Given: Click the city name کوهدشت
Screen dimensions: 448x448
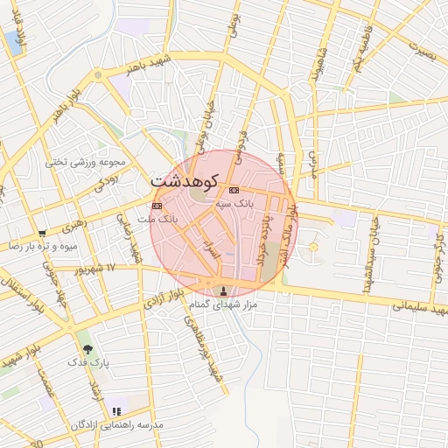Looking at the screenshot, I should [184, 181].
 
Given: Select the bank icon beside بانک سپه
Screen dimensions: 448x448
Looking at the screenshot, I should [234, 190].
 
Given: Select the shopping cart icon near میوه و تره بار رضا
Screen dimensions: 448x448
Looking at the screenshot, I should [42, 234].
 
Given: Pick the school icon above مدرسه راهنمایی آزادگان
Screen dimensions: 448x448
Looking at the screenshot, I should [117, 410].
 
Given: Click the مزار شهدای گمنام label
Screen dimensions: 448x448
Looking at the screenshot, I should [222, 306].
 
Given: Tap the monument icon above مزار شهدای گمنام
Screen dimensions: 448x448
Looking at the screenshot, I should [222, 291].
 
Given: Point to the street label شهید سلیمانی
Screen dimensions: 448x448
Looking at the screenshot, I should [420, 309].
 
